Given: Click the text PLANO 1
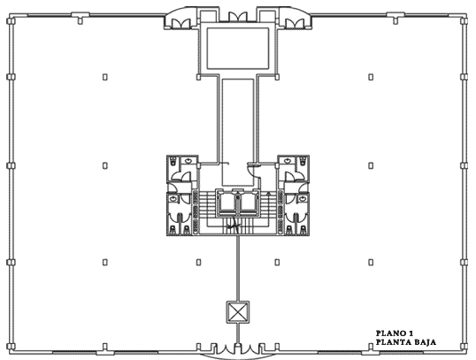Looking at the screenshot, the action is click(x=395, y=333).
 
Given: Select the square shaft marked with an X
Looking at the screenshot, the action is click(x=238, y=312).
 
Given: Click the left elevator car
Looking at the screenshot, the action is click(x=226, y=203).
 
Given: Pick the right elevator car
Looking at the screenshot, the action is click(x=249, y=203).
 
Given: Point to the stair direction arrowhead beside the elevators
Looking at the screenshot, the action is click(x=268, y=193).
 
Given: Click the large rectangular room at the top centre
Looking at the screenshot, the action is click(x=238, y=49).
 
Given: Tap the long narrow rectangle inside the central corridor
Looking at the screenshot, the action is click(x=238, y=133).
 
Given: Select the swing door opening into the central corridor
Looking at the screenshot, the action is click(x=252, y=169).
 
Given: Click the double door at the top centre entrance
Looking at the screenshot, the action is click(x=238, y=17).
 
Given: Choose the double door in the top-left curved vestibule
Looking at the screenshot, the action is click(x=181, y=24).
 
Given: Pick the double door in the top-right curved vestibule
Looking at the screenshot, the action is click(x=295, y=24).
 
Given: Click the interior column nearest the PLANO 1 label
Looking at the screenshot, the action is click(x=371, y=262).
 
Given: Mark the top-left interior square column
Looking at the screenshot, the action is click(x=105, y=77).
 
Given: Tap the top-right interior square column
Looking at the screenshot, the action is click(x=371, y=77).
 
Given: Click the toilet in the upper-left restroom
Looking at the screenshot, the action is click(x=173, y=161).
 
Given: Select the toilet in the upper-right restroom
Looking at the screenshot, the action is click(x=303, y=161).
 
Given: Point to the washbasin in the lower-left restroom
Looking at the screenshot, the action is click(x=173, y=199).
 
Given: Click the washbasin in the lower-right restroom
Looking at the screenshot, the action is click(x=302, y=199).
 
